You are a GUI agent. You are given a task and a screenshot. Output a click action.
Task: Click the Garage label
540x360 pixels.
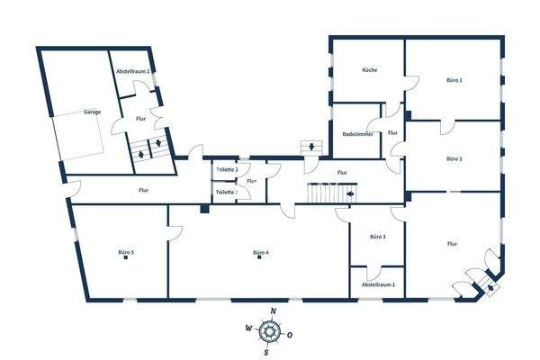pos(92,112)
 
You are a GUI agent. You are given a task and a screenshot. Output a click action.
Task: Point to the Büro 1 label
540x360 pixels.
pos(454,80)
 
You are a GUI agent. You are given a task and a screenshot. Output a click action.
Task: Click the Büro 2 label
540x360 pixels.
pos(454,158)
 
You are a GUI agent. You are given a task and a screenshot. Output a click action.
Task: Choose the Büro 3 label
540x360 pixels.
pos(378,237)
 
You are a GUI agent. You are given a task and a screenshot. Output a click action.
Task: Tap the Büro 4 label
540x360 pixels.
pos(261,253)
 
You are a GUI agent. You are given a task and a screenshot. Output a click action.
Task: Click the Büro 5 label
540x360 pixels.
pos(126,253)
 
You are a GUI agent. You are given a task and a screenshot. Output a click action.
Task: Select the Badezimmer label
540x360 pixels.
pos(358,134)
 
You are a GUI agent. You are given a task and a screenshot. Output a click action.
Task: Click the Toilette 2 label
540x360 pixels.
pos(226,169)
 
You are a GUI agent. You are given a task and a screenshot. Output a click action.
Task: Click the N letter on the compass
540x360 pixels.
pos(272,311)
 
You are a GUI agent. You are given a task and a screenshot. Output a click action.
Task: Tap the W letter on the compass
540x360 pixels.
pos(247,328)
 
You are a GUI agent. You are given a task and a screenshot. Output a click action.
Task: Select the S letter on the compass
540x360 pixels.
pos(265,352)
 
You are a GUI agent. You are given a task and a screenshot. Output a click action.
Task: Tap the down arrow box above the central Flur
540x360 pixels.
pos(311,146)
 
